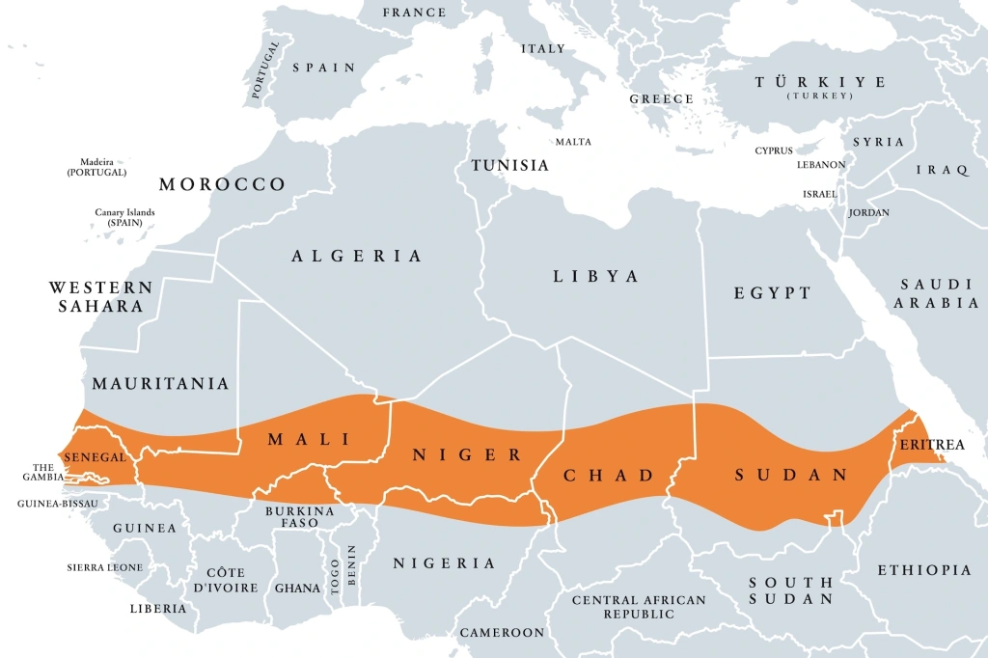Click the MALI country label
[308, 439]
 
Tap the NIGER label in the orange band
[467, 454]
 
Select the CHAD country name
[609, 475]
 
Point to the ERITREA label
[931, 445]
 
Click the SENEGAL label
[96, 456]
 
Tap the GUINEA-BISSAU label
[60, 504]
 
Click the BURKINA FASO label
[299, 517]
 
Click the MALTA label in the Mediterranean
[573, 142]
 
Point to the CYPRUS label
[774, 151]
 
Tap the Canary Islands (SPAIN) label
[124, 217]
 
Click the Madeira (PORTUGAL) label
[96, 167]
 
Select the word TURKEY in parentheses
[820, 96]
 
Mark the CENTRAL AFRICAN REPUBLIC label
[639, 607]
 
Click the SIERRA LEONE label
[105, 567]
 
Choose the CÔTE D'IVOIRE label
[226, 580]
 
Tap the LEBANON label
[821, 165]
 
